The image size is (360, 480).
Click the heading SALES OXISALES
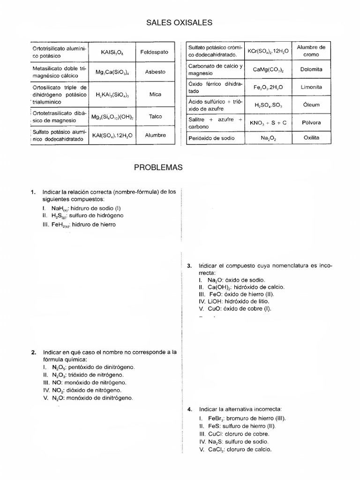click(x=180, y=22)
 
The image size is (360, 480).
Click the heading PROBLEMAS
click(x=180, y=167)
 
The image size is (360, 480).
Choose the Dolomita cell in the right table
click(x=311, y=69)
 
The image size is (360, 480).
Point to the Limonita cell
click(x=311, y=87)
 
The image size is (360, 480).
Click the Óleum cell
click(x=311, y=105)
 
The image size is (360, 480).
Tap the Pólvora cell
click(x=311, y=122)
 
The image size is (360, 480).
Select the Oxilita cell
click(x=311, y=138)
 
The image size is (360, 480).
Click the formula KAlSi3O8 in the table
click(x=112, y=52)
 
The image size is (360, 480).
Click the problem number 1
click(x=33, y=192)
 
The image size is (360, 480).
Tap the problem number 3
click(x=189, y=266)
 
